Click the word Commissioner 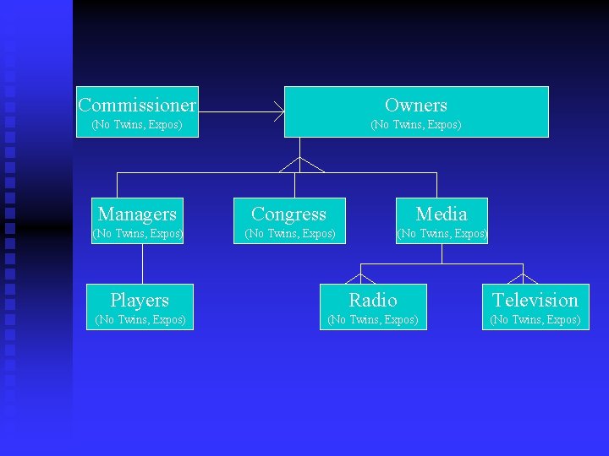coord(137,106)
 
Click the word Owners coord(415,106)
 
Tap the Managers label coord(137,214)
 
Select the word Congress coord(288,214)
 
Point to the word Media coord(441,214)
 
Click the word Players coord(140,301)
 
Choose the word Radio coord(373,301)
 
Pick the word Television coord(535,301)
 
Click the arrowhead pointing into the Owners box coord(279,111)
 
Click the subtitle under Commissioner coord(137,125)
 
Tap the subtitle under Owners coord(415,125)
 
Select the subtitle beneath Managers coord(138,233)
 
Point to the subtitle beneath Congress coord(290,233)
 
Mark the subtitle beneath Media coord(442,233)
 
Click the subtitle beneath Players coord(140,319)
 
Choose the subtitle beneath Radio coord(373,319)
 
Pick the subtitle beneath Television coord(535,319)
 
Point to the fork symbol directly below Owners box coord(300,163)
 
